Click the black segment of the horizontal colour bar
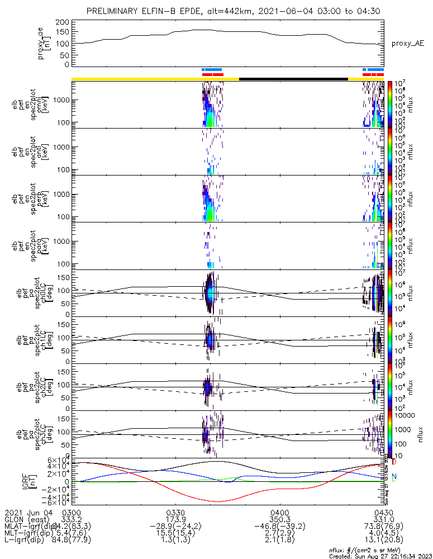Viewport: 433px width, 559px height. (x=293, y=79)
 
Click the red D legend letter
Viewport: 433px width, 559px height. (x=394, y=462)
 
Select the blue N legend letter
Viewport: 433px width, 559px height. (x=394, y=476)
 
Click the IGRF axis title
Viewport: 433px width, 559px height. (x=54, y=481)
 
